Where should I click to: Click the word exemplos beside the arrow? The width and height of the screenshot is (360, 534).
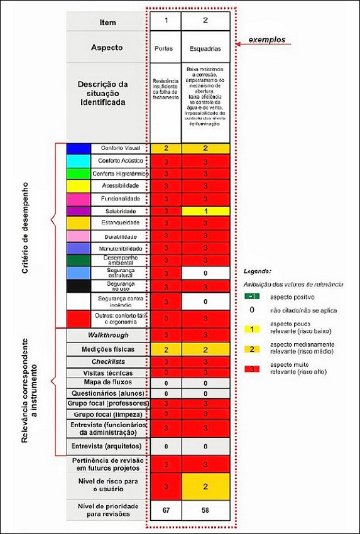pos(266,40)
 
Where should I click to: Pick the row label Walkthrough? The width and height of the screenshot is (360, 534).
pos(108,335)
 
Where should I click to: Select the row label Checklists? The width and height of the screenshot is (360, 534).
pos(108,362)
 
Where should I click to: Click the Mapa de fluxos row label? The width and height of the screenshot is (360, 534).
pos(108,383)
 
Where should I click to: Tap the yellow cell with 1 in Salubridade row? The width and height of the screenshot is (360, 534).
pos(206,211)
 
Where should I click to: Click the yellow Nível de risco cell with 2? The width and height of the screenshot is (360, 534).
pos(206,486)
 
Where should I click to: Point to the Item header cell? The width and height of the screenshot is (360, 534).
pos(107,23)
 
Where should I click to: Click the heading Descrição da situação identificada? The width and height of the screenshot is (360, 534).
pos(107,92)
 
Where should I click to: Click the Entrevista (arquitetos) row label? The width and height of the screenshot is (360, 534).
pos(108,446)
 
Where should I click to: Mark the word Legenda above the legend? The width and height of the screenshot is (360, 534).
pos(258,272)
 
